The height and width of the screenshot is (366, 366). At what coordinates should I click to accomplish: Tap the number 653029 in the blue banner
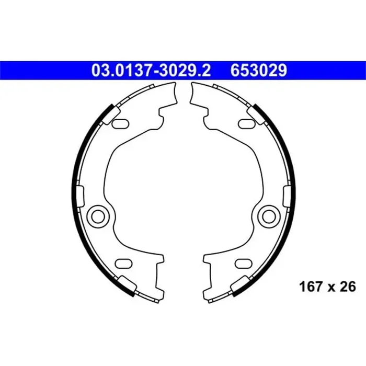tap(257, 70)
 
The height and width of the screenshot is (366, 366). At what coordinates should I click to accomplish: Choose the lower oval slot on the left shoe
tap(123, 263)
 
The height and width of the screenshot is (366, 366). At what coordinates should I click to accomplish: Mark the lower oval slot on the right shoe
tap(243, 263)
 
